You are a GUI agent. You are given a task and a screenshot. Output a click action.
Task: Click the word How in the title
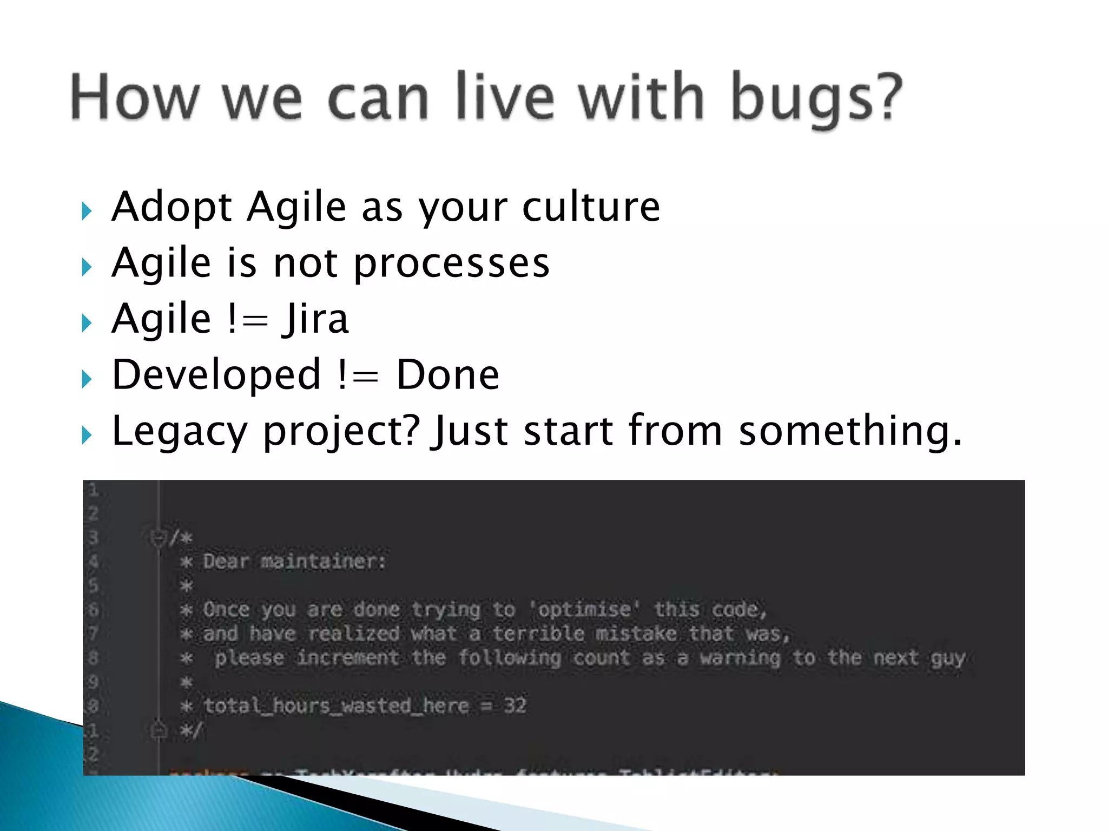pos(134,97)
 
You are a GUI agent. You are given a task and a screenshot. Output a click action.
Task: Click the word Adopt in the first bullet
pos(172,208)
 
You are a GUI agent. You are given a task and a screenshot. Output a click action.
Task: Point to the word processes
pos(452,264)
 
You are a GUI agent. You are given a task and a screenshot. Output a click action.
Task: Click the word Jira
pos(315,319)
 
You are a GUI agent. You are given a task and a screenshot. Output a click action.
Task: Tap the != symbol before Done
pos(358,375)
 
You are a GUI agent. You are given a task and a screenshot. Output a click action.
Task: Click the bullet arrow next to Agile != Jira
pos(87,323)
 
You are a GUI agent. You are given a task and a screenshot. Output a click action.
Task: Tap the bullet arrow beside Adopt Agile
pos(87,211)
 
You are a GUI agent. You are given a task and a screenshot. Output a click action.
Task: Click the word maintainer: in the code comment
pos(324,562)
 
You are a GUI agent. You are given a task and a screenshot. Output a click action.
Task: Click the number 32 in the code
pos(515,705)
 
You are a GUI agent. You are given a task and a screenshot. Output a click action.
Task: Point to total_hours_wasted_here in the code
pos(336,706)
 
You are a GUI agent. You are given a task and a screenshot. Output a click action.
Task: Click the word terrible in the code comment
pos(538,634)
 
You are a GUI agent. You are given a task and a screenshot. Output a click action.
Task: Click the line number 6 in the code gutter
pos(94,610)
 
